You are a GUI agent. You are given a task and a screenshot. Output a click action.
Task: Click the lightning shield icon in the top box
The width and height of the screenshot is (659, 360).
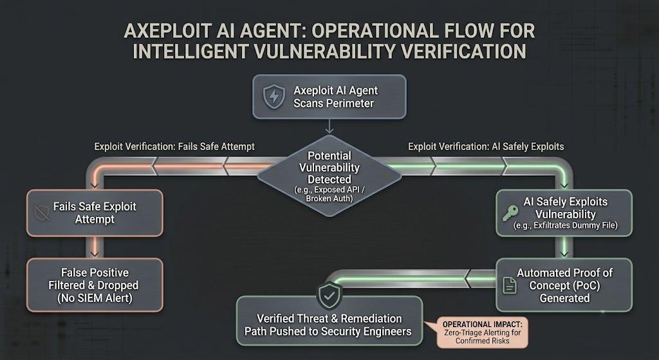click(x=274, y=97)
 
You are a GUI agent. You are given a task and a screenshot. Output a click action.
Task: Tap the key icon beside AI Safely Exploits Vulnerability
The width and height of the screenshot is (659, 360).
click(x=510, y=213)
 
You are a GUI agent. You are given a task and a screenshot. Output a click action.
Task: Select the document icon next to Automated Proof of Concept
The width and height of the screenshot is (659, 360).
click(x=510, y=285)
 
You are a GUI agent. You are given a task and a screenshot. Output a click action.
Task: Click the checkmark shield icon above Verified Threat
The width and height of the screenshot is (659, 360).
click(x=329, y=295)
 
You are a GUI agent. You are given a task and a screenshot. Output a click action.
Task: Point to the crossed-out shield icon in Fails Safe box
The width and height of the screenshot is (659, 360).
click(x=42, y=213)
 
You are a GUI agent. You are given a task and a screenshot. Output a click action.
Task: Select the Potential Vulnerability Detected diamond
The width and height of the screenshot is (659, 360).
click(x=329, y=176)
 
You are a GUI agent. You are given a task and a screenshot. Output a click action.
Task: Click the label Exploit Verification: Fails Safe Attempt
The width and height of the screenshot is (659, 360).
click(x=174, y=147)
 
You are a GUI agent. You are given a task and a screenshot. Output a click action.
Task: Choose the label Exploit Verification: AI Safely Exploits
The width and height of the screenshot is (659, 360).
click(x=486, y=146)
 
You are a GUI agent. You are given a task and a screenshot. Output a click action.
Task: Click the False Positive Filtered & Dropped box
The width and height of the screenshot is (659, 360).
click(x=95, y=285)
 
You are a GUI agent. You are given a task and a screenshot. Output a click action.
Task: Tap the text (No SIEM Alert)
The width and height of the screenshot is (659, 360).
click(x=95, y=298)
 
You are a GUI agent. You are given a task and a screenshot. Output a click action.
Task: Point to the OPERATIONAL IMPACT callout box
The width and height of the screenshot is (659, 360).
click(x=482, y=332)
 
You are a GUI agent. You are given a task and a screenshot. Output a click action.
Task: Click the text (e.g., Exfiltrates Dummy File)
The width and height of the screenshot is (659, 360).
click(x=565, y=225)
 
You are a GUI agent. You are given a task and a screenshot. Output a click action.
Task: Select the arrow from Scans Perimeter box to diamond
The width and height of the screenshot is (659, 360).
click(x=329, y=127)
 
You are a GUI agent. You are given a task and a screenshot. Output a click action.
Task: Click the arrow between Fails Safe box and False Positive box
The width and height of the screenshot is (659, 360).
click(x=95, y=247)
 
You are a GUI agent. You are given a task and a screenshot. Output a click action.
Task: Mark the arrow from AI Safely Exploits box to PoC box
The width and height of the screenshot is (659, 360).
click(x=564, y=247)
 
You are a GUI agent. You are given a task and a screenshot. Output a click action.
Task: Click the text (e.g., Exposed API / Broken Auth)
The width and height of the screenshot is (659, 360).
click(x=329, y=194)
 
